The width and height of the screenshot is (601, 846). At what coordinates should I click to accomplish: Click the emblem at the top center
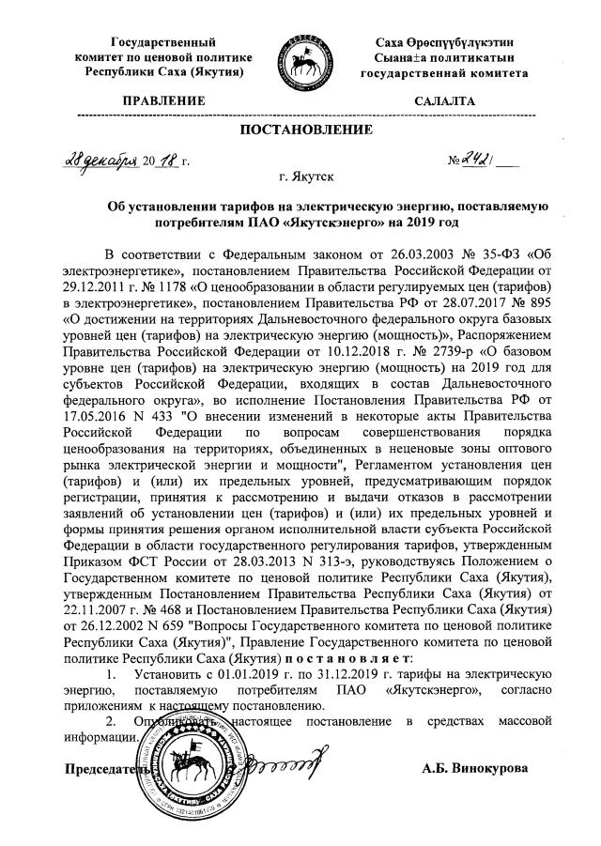pyautogui.click(x=300, y=57)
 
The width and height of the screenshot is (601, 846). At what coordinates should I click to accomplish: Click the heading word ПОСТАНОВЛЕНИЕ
pyautogui.click(x=300, y=129)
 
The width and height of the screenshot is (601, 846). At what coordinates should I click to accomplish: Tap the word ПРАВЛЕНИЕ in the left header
pyautogui.click(x=164, y=100)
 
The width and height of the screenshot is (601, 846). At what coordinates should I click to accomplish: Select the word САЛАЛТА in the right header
pyautogui.click(x=445, y=100)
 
